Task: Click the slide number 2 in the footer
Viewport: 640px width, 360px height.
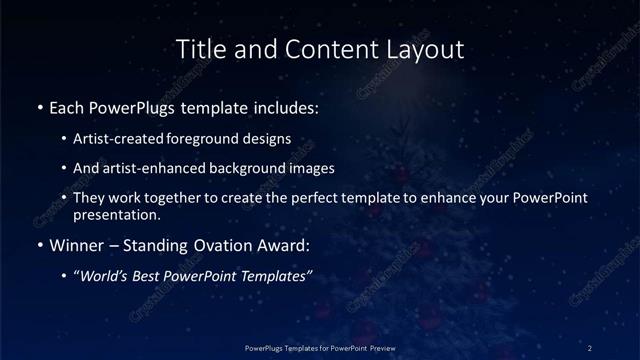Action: click(590, 347)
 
